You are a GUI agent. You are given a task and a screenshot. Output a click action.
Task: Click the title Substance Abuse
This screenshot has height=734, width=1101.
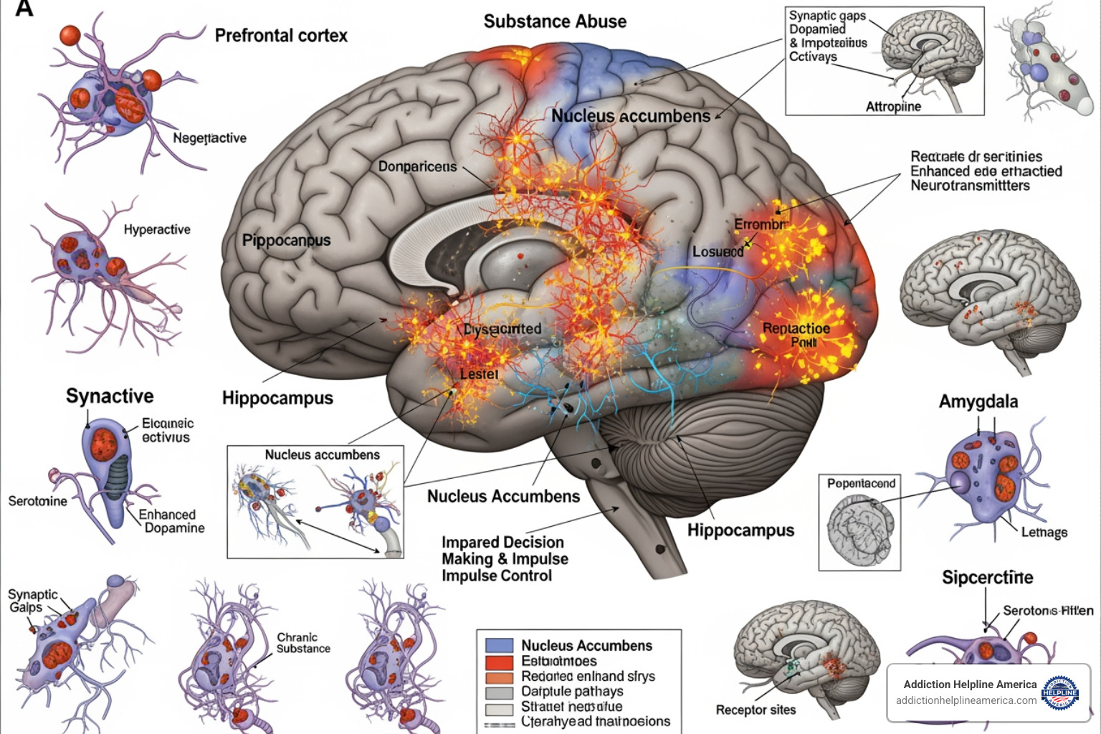tap(555, 22)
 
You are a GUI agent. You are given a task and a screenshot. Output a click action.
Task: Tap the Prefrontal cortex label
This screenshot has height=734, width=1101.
tap(281, 35)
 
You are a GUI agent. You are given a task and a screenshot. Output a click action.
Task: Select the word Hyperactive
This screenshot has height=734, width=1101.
tap(157, 229)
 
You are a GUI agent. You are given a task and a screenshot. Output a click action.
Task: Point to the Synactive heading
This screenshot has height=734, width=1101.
tap(110, 396)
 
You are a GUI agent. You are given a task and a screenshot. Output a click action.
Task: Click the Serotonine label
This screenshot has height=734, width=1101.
tap(37, 501)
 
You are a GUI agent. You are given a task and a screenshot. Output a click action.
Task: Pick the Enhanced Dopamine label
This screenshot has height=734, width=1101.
tap(171, 521)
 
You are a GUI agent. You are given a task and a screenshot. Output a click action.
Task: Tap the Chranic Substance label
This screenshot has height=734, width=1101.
tap(303, 643)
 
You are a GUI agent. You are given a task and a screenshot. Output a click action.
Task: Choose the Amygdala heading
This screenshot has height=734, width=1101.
tap(978, 401)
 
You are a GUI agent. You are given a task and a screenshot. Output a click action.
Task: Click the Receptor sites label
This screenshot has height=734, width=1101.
tap(756, 710)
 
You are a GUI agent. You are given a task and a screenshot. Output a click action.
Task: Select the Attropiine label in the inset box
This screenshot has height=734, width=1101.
tap(893, 107)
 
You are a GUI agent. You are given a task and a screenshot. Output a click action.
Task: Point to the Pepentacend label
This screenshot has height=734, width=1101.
tap(861, 484)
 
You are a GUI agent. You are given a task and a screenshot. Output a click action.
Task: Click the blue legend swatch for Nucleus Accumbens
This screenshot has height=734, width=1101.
tap(499, 645)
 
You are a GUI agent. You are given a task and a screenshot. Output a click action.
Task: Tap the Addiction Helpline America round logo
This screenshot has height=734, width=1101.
tap(1059, 692)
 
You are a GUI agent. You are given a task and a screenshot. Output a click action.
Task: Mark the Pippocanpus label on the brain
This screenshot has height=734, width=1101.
tap(286, 240)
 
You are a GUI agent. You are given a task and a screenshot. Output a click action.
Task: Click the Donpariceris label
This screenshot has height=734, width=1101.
tap(417, 166)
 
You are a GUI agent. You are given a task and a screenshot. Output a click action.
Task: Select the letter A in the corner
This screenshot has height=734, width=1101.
tap(24, 9)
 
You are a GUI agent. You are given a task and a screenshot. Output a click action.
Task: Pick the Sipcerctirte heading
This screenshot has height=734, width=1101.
tap(987, 578)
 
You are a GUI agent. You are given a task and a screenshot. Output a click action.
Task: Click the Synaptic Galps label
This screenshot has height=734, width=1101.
tap(32, 601)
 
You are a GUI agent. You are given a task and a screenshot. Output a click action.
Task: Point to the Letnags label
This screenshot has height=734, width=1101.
tap(1044, 532)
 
